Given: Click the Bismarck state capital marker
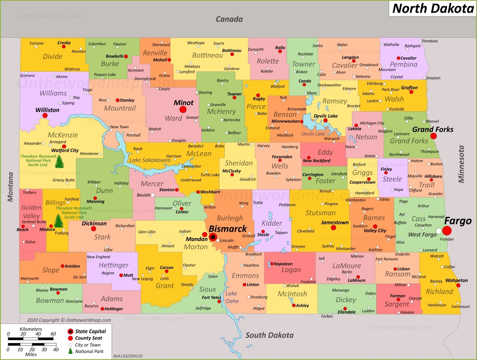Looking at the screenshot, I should coord(213,237).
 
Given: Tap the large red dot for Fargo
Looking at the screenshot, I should coord(447,231).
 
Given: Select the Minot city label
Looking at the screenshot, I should coord(183,103).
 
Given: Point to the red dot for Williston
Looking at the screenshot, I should coord(45,116).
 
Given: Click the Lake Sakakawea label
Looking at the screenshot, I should coord(150,160).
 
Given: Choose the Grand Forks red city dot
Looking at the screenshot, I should coord(433,136).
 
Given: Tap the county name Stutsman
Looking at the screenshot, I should coord(320,213).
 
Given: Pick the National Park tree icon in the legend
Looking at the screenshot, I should coord(70,351).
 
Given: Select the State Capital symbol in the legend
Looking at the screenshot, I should coord(70,331).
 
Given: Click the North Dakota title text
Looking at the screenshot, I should coord(433,8).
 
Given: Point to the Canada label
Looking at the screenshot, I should coord(229,19).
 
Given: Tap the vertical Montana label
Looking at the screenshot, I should coord(10,187).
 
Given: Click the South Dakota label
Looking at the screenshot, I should coord(269,335).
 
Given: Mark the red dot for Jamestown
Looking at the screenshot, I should coord(333,228).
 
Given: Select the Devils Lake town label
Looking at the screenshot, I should coord(325,116).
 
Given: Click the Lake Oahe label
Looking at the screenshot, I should coord(232,297).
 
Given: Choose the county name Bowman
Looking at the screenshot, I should coord(50,300).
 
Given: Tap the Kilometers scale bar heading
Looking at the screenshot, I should coord(31,329).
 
